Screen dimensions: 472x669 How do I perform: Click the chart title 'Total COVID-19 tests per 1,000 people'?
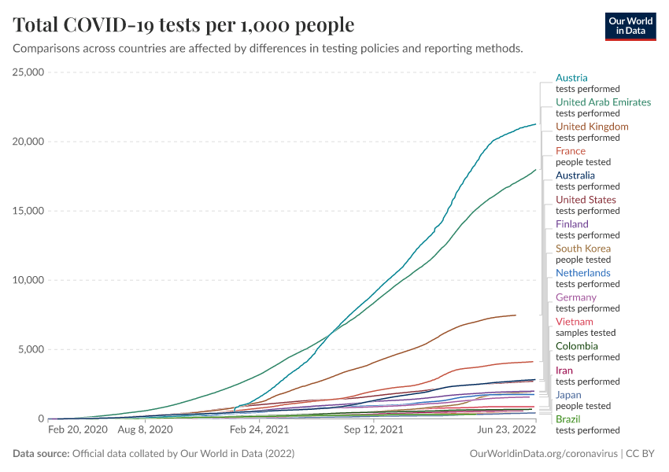(183, 25)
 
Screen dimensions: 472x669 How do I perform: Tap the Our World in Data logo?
(630, 26)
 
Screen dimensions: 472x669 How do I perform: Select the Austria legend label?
(571, 78)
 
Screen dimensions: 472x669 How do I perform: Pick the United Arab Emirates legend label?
(603, 102)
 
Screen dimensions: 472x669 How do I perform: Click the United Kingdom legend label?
(592, 127)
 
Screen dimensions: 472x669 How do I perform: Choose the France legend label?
(571, 151)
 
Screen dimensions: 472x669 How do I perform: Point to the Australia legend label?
(575, 175)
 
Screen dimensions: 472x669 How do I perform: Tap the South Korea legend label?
(583, 249)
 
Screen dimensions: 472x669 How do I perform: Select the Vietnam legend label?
(574, 322)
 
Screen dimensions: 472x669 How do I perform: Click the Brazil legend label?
(568, 419)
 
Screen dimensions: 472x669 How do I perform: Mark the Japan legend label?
(568, 395)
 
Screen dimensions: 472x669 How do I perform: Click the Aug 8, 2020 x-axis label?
(144, 430)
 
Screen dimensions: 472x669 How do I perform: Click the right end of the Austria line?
(536, 124)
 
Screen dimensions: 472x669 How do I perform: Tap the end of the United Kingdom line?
(516, 315)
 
